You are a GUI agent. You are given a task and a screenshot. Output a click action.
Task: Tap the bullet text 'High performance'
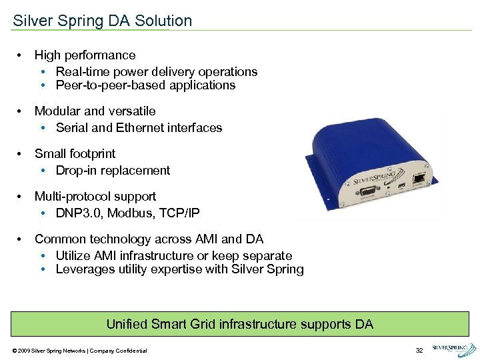point(85,55)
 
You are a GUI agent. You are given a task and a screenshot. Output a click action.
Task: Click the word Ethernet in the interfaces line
point(140,127)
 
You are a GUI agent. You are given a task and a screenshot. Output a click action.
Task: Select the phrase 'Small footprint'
point(75,154)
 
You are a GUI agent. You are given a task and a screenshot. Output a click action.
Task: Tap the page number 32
point(419,351)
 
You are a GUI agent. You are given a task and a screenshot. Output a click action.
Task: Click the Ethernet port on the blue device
point(418,178)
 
